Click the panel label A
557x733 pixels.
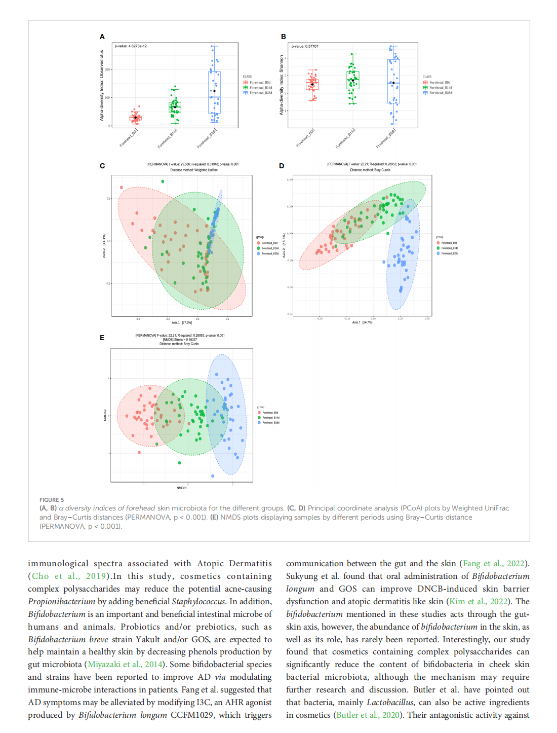(x=102, y=36)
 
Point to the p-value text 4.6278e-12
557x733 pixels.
(x=131, y=46)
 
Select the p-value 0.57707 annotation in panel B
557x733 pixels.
(x=305, y=46)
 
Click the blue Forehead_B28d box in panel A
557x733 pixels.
(x=214, y=92)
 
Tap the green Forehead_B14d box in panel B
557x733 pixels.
(x=353, y=80)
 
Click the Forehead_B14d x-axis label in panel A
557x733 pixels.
(x=168, y=138)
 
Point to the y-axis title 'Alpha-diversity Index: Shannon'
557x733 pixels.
(x=282, y=85)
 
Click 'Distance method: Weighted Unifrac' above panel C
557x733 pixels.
(x=193, y=170)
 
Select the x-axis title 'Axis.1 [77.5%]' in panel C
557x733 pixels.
(x=181, y=322)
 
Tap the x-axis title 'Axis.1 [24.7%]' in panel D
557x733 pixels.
(x=362, y=322)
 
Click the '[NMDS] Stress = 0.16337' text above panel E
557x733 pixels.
(x=179, y=340)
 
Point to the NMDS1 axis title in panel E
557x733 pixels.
(x=181, y=488)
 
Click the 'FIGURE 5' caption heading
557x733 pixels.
(x=52, y=500)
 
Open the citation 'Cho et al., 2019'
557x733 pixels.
(x=69, y=576)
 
